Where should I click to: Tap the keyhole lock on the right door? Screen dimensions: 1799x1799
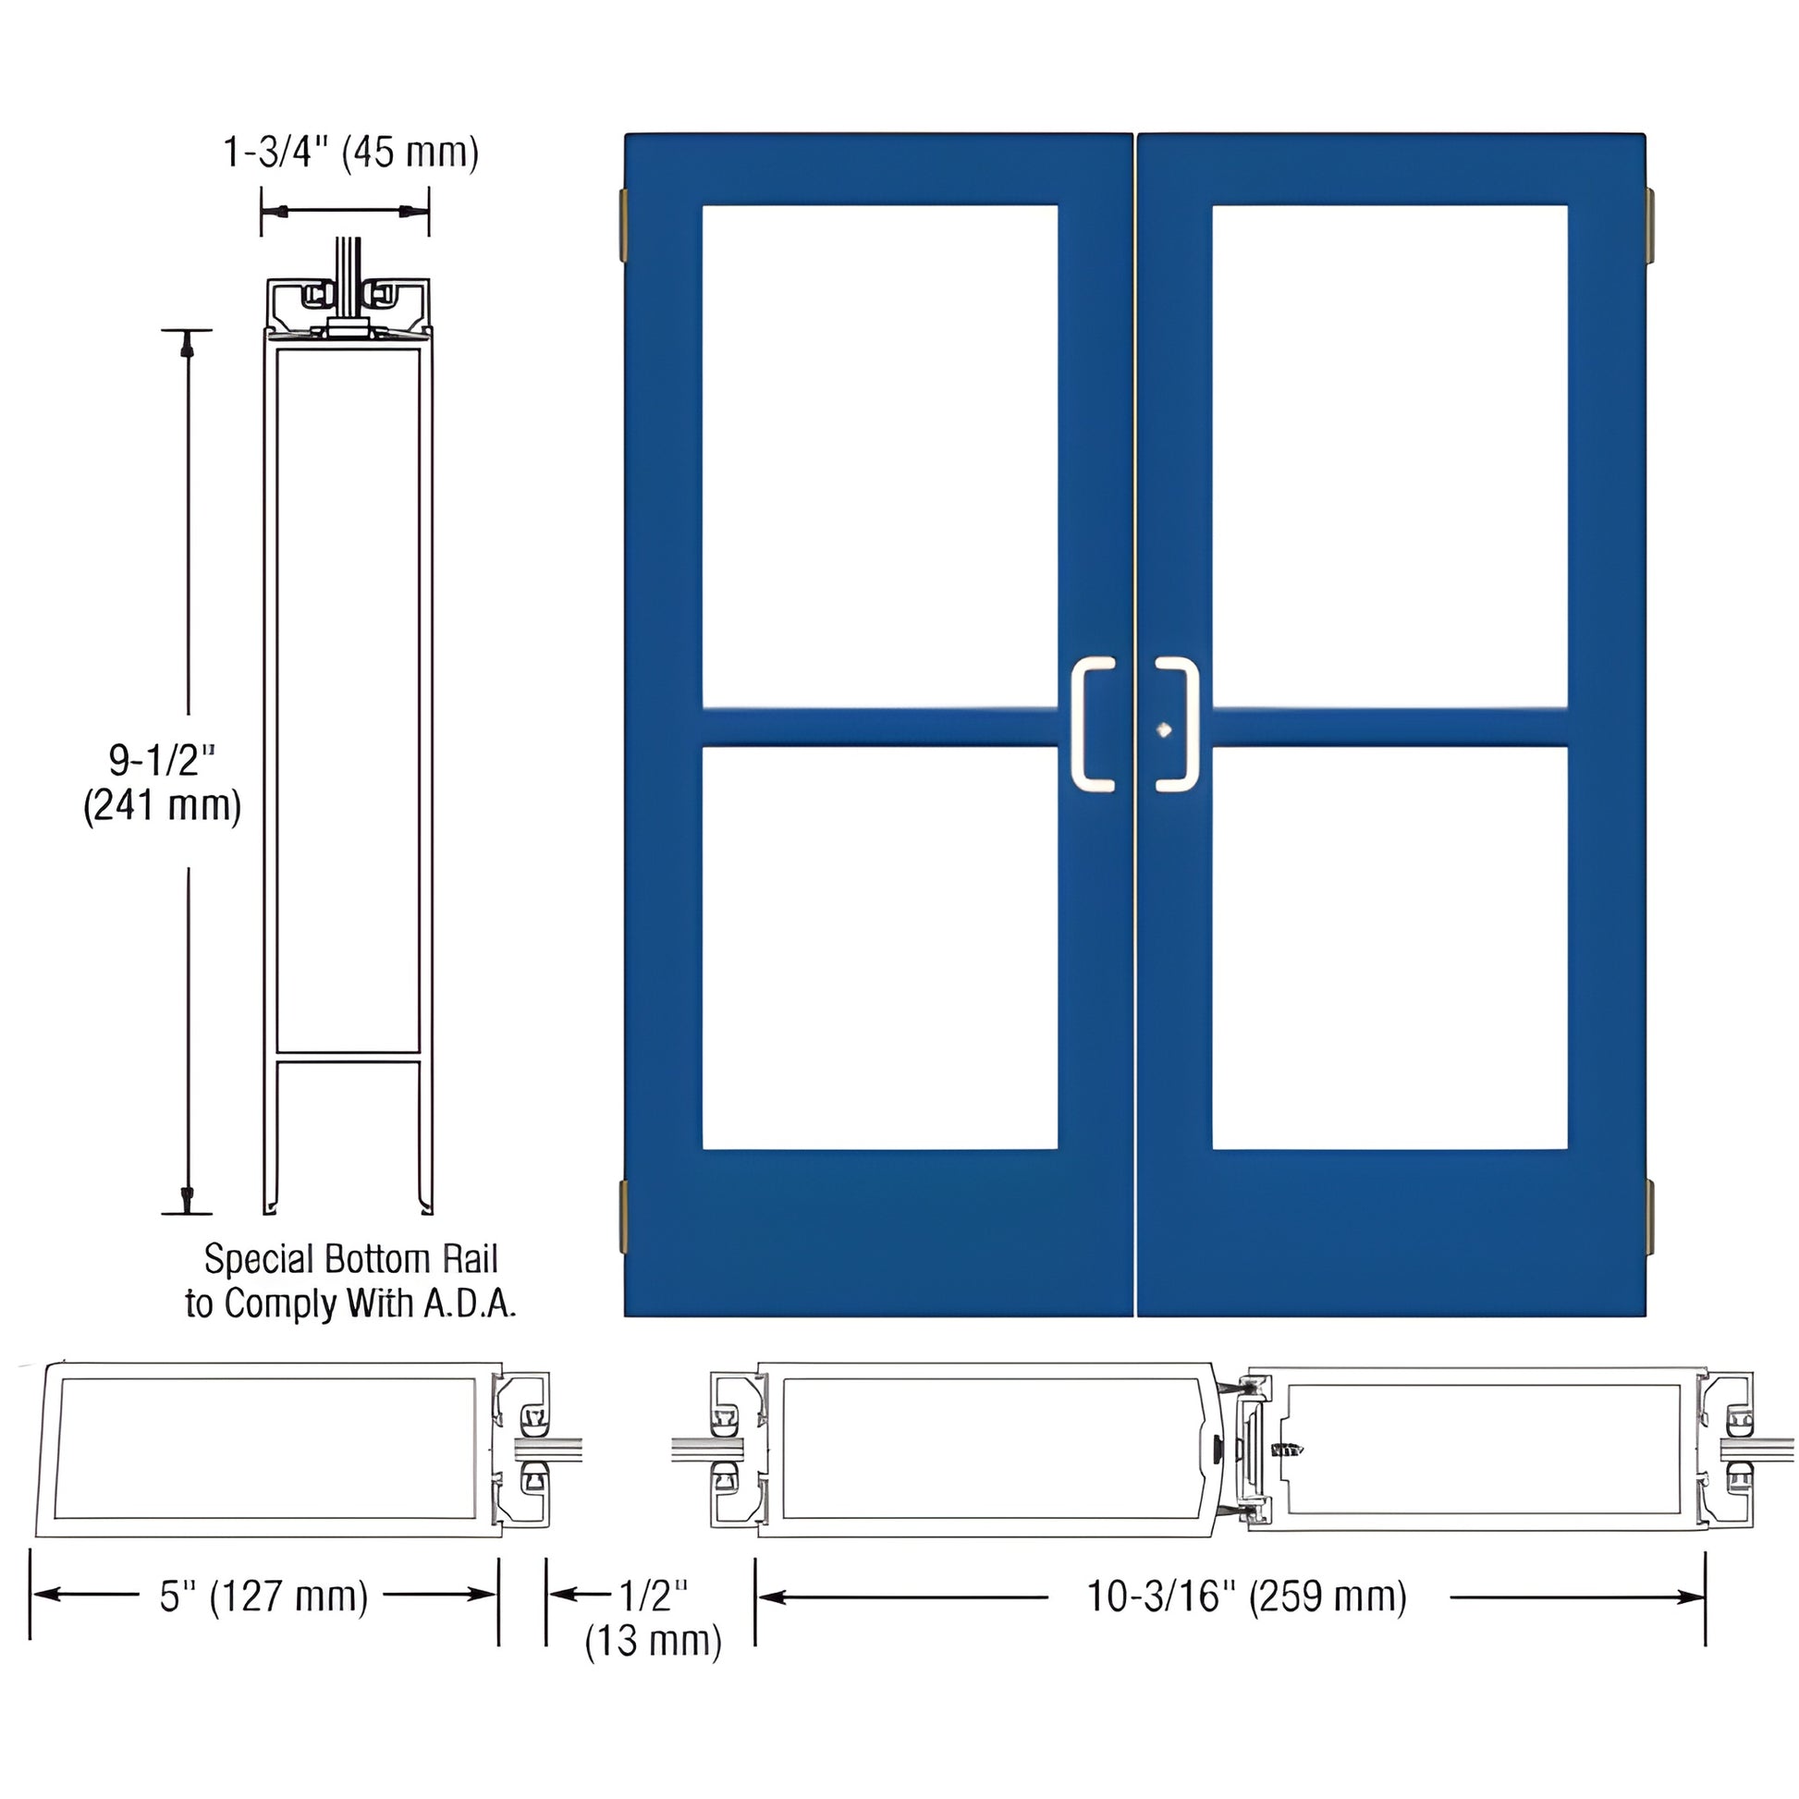[1163, 730]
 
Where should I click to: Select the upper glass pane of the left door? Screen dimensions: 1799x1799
[879, 457]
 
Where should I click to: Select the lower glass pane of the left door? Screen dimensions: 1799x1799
[879, 948]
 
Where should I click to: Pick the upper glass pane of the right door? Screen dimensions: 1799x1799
[1389, 457]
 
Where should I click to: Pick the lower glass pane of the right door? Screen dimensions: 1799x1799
[1389, 948]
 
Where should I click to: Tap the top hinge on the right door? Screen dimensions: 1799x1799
[1649, 226]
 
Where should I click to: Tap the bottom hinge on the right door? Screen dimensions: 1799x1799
[1649, 1214]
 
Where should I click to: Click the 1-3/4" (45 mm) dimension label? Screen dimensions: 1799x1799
[351, 153]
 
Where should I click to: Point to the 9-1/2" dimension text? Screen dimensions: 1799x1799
[162, 760]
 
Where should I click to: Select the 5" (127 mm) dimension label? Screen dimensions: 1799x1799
[263, 1596]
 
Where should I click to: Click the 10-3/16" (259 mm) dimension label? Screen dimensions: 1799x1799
[1247, 1596]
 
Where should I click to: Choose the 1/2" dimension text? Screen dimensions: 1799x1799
[654, 1595]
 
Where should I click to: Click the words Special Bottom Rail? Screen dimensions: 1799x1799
[351, 1259]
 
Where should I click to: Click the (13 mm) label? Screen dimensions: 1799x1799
[654, 1641]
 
